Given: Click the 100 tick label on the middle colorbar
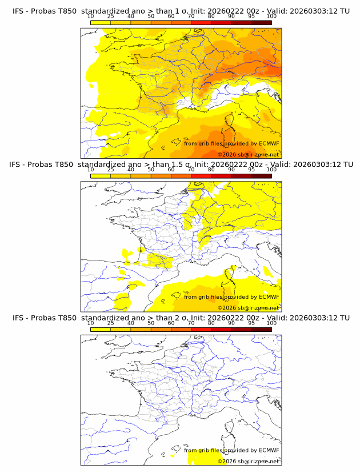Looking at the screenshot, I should pos(271,170).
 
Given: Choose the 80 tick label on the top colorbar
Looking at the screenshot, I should pos(211,17).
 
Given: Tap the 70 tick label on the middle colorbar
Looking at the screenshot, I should pos(191,170).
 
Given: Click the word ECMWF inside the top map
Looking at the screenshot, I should pos(269,143).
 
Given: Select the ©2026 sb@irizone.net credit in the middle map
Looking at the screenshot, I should pos(248,307).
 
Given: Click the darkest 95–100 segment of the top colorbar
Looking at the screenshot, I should pos(262,22).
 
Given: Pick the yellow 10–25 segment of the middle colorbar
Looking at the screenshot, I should pos(101,175).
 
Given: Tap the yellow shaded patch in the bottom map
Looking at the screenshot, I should pos(200,457).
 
